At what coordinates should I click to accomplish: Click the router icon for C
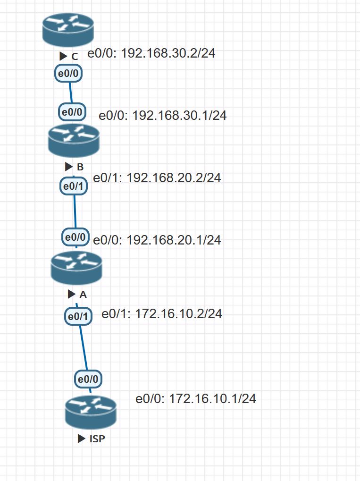(68, 29)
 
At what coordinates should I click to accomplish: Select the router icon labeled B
(74, 140)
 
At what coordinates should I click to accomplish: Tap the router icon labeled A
(76, 268)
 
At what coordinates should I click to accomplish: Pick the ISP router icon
(91, 412)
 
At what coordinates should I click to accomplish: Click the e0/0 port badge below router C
(69, 74)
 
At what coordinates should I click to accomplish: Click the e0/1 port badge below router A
(78, 317)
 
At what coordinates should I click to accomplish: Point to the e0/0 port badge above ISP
(88, 378)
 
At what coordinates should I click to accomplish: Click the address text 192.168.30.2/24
(151, 53)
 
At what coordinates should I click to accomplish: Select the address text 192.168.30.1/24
(163, 115)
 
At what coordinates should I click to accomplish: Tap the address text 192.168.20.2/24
(157, 178)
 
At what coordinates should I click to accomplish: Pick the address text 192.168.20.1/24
(157, 240)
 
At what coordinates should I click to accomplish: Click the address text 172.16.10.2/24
(162, 313)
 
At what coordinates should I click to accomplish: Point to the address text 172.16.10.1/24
(196, 399)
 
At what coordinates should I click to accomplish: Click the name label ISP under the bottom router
(97, 439)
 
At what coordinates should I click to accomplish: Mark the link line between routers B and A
(75, 211)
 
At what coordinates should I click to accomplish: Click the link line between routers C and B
(71, 93)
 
